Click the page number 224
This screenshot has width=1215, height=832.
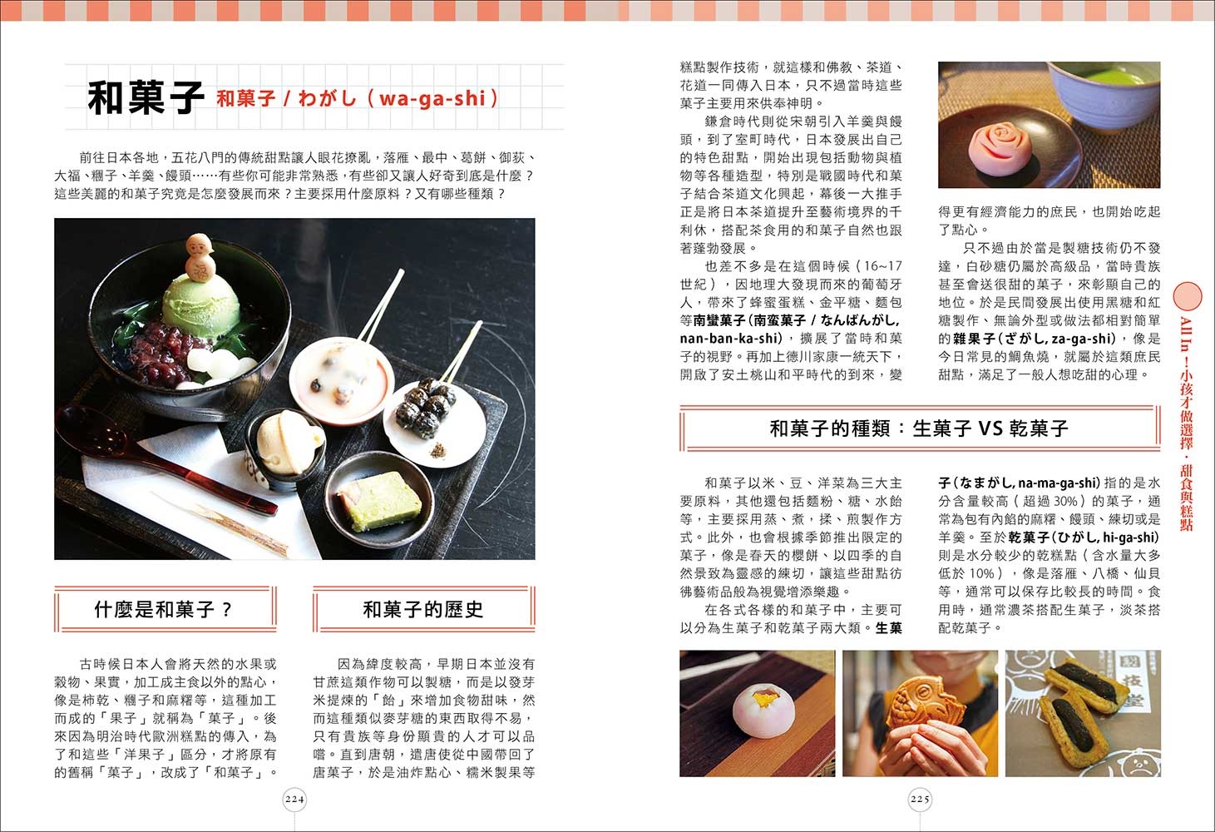(294, 799)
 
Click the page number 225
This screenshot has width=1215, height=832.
(920, 799)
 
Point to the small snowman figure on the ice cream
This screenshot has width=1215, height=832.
(200, 257)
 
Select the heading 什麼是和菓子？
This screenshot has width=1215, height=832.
(163, 609)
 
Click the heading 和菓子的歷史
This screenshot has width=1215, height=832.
(423, 609)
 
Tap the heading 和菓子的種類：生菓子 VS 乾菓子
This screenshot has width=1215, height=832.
(920, 428)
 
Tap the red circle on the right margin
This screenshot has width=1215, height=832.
(1188, 296)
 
